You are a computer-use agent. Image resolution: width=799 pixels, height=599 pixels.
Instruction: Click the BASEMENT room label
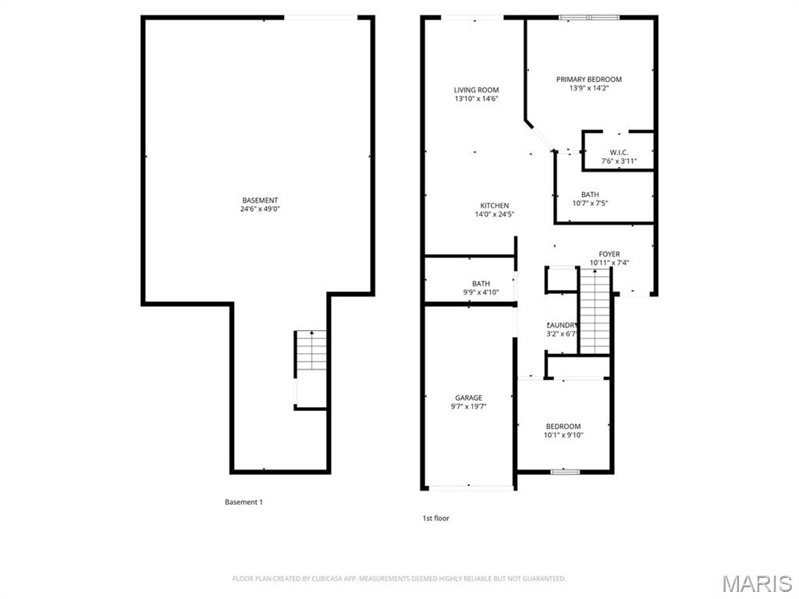point(260,200)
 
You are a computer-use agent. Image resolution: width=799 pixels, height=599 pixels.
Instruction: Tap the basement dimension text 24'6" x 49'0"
point(260,209)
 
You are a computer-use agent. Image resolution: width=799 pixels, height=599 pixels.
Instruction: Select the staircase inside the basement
point(311,352)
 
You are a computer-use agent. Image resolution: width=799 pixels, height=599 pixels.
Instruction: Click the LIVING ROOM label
point(476,90)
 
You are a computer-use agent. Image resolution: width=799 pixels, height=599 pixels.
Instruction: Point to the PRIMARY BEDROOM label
point(588,80)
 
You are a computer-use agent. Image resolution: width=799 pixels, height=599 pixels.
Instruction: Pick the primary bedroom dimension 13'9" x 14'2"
point(588,88)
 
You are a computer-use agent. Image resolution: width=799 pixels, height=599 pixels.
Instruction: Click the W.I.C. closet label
point(619,152)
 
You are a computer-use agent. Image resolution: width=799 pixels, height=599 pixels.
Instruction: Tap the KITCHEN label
point(494,206)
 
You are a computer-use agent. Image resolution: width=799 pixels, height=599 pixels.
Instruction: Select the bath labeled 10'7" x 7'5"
point(590,199)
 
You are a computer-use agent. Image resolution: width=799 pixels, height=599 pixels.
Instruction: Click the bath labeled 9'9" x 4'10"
point(481,288)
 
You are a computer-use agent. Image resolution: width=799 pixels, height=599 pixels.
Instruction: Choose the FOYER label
point(609,254)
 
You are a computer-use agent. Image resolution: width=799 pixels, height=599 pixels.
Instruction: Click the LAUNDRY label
point(561,325)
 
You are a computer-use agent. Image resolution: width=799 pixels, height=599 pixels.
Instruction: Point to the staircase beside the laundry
point(595,310)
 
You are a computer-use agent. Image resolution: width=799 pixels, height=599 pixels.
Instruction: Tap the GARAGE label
point(468,398)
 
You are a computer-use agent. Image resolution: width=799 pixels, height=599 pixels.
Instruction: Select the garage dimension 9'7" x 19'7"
point(468,406)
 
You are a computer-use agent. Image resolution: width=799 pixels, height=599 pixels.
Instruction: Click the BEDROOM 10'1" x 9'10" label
point(563,431)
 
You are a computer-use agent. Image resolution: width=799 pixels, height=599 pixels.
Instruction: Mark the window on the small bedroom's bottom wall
point(564,472)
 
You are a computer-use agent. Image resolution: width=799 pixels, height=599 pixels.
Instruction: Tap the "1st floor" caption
point(435,518)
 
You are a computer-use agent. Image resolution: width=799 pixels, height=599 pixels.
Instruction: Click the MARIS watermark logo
point(756,583)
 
